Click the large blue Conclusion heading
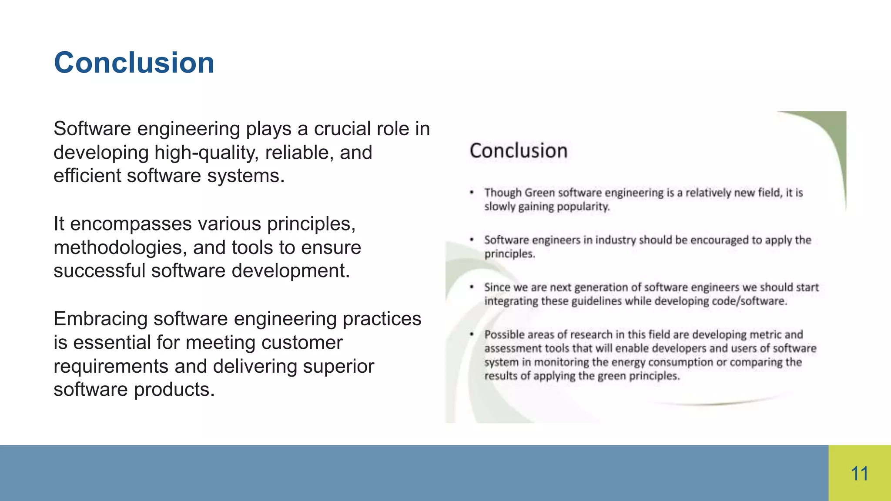(x=134, y=63)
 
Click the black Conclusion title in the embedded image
(x=519, y=151)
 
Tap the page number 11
(x=859, y=474)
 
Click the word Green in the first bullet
(x=539, y=193)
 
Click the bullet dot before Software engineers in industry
(x=472, y=240)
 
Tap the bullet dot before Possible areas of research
(x=472, y=334)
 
